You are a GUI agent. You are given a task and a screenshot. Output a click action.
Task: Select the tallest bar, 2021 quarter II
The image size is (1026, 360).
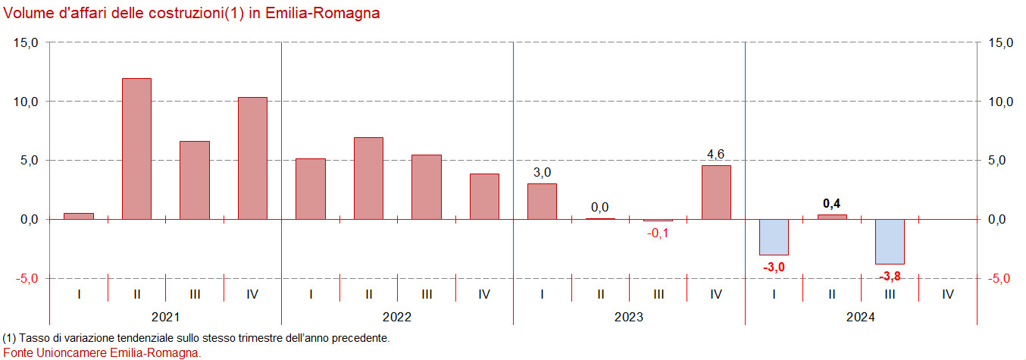coord(136,149)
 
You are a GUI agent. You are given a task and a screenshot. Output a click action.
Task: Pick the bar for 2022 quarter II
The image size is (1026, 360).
coord(368,178)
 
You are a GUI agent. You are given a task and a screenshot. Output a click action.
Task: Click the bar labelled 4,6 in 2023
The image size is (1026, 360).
coord(716,192)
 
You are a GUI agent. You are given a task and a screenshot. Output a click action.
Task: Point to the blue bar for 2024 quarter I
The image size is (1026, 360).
coord(774,236)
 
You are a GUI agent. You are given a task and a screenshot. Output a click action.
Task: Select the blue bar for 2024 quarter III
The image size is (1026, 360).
coord(890,241)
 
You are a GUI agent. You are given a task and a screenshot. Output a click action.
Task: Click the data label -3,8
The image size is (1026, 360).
coord(890,276)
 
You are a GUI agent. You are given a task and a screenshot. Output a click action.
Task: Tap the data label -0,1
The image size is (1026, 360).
coord(658,233)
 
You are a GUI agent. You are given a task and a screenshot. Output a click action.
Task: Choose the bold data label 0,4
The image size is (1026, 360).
coord(832,203)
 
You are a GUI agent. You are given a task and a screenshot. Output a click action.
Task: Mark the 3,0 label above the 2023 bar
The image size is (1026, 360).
coord(542,173)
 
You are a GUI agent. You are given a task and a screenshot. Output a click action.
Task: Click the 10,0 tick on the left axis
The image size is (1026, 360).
coord(27,102)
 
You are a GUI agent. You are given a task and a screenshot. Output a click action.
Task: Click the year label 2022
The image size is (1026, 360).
coord(397,317)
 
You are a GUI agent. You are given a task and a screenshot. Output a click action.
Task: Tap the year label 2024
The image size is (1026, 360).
coord(861,317)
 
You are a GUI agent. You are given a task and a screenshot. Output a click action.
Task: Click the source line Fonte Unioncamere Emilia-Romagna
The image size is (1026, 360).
coord(102,352)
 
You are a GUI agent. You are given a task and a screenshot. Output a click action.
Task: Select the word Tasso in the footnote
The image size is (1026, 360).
coord(32,338)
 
